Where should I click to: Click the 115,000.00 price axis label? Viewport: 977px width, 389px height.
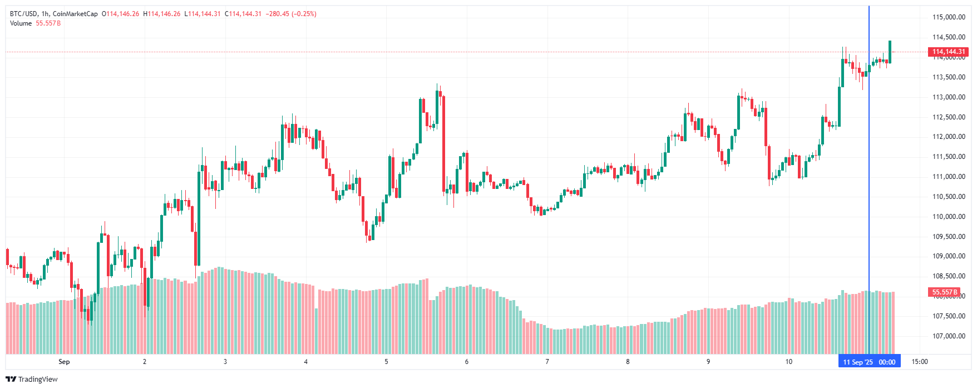click(949, 17)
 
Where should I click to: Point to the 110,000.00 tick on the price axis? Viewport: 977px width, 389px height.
click(949, 217)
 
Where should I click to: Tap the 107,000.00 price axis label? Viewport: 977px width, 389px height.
click(949, 336)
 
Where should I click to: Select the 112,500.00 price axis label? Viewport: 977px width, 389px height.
click(949, 117)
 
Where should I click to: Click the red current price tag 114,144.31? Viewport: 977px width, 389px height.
click(949, 52)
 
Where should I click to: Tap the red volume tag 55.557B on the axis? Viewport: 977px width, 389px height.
click(945, 292)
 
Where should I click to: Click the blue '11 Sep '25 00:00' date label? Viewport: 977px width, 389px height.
click(869, 362)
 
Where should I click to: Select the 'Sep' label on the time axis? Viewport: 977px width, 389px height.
click(64, 362)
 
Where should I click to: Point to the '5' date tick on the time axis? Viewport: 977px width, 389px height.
click(386, 362)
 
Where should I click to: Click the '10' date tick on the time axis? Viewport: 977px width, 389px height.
click(788, 362)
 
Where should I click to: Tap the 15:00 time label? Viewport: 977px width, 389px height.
click(920, 362)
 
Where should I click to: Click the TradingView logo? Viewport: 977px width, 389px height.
click(32, 379)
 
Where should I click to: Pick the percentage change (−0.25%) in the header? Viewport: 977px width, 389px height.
click(304, 14)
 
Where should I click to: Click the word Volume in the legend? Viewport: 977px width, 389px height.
click(21, 23)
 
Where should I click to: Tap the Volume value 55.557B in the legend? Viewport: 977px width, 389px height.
click(48, 23)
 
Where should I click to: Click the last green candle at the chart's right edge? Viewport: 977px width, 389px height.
click(890, 52)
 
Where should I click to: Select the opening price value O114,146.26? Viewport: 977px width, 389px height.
click(121, 14)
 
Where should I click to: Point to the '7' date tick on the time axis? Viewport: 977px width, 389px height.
click(547, 362)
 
